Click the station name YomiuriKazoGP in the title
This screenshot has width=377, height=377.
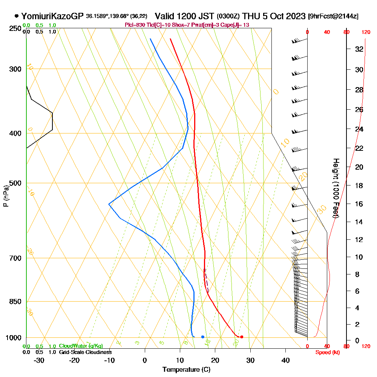click(x=52, y=16)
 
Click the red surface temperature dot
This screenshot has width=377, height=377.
click(x=242, y=337)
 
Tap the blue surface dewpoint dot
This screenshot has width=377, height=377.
click(x=203, y=337)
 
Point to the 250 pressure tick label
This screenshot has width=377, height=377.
click(x=15, y=28)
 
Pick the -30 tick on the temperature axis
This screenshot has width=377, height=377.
click(x=39, y=360)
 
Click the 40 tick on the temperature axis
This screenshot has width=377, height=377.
click(x=286, y=360)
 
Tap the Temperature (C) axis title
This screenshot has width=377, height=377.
click(x=186, y=370)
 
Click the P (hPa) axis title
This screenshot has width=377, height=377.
click(x=6, y=196)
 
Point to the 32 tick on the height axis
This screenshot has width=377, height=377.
click(x=359, y=49)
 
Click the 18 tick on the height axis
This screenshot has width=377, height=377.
click(x=359, y=185)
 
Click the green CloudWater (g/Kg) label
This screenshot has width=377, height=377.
click(x=81, y=346)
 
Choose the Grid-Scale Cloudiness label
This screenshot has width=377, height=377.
click(x=85, y=352)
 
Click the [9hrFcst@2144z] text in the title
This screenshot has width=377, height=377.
click(x=333, y=16)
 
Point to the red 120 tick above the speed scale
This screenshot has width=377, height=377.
click(x=365, y=32)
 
